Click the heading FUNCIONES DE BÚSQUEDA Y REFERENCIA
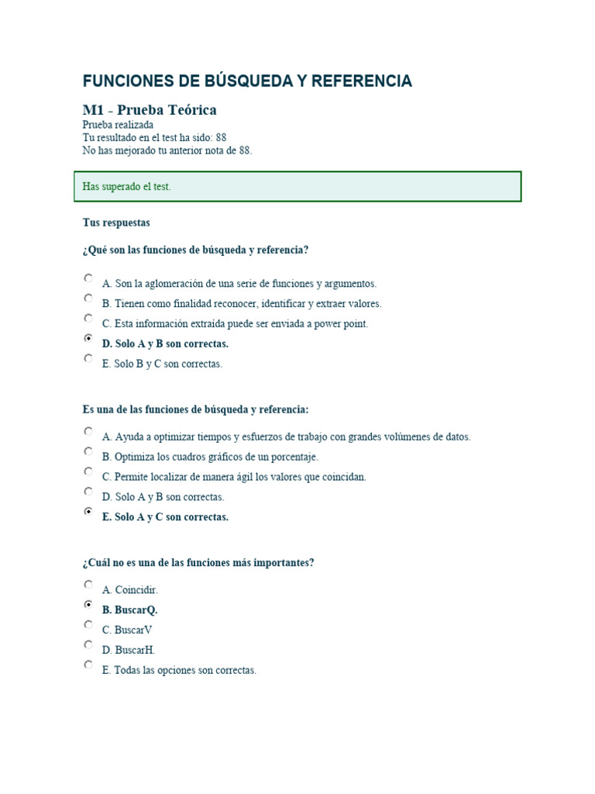[x=247, y=81]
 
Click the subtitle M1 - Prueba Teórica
[x=150, y=110]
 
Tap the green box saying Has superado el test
[x=297, y=187]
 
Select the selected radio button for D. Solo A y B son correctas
[x=88, y=339]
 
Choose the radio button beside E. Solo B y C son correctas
[x=88, y=359]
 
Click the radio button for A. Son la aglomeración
[x=88, y=278]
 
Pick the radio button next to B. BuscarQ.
[x=88, y=605]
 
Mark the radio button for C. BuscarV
[x=88, y=625]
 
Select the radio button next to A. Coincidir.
[x=88, y=585]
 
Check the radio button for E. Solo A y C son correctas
[x=88, y=512]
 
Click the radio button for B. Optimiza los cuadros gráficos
[x=88, y=452]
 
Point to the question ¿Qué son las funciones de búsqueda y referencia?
[x=195, y=250]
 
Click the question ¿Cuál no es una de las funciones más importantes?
[x=198, y=563]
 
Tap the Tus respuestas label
[x=116, y=223]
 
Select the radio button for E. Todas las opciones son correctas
[x=88, y=665]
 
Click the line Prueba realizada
[x=118, y=125]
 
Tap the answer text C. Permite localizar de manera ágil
[x=234, y=478]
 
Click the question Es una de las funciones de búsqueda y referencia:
[x=195, y=409]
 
